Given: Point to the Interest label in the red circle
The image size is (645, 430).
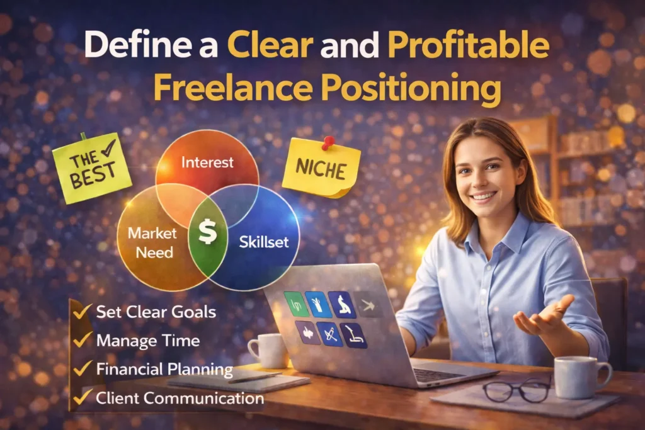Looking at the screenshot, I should coord(207,162).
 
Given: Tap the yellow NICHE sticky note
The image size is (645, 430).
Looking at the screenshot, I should coord(321,169).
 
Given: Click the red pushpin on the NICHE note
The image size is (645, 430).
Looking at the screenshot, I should coord(328,142).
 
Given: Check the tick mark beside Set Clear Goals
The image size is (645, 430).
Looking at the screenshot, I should coord(81,311).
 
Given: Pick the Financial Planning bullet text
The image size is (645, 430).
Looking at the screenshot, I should coord(164,370).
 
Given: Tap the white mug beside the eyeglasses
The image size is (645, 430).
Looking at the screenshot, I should coord(579,376).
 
